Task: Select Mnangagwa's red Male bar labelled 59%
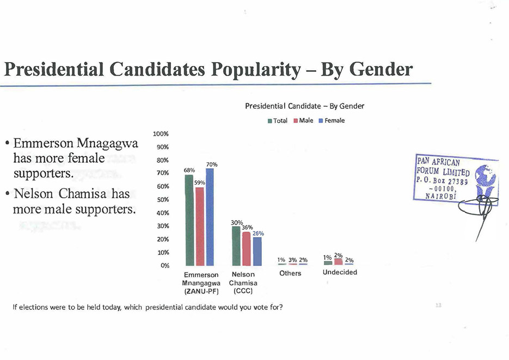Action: pyautogui.click(x=200, y=225)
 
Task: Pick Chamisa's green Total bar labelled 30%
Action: pyautogui.click(x=236, y=245)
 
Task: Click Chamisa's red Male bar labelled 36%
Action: pyautogui.click(x=246, y=248)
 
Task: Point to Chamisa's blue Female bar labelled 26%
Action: pyautogui.click(x=257, y=251)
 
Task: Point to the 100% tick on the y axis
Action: pyautogui.click(x=161, y=133)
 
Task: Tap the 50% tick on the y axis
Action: pyautogui.click(x=163, y=200)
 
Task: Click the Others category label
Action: pyautogui.click(x=290, y=273)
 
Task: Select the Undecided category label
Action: pyautogui.click(x=340, y=272)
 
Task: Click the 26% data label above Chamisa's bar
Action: pyautogui.click(x=257, y=233)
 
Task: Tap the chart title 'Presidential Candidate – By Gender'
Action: pyautogui.click(x=304, y=106)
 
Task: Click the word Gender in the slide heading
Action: pyautogui.click(x=381, y=70)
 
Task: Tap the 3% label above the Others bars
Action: pyautogui.click(x=292, y=260)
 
